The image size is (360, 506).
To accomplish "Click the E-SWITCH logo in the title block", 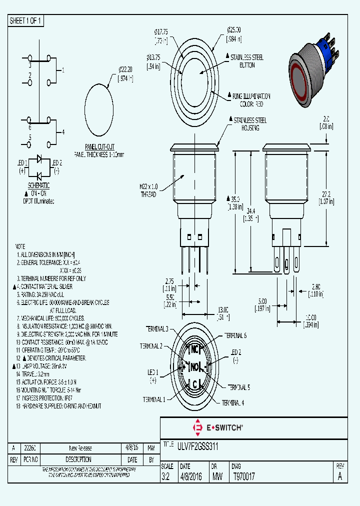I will click(217, 427).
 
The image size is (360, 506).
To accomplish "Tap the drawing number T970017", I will click(244, 477).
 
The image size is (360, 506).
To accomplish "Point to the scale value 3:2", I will click(166, 477).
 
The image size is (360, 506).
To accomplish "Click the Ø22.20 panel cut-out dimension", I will click(125, 73).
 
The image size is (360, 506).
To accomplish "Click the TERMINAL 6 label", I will click(235, 335).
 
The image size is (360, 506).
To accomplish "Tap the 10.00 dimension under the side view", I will click(310, 320).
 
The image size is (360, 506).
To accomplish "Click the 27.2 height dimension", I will click(327, 195).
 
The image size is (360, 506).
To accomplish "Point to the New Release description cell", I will click(80, 448).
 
